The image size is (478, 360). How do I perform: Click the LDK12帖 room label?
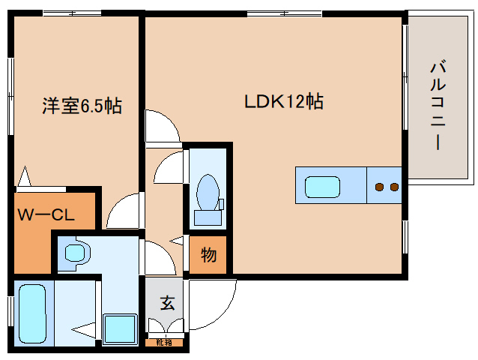283,102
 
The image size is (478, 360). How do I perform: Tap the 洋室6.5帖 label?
81,106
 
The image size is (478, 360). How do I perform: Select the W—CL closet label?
46,215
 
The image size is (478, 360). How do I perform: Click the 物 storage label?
208,256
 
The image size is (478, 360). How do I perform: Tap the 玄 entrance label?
168,304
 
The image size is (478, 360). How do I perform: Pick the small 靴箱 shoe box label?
163,343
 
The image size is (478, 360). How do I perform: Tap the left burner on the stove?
380,186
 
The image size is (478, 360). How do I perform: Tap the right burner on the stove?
393,186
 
